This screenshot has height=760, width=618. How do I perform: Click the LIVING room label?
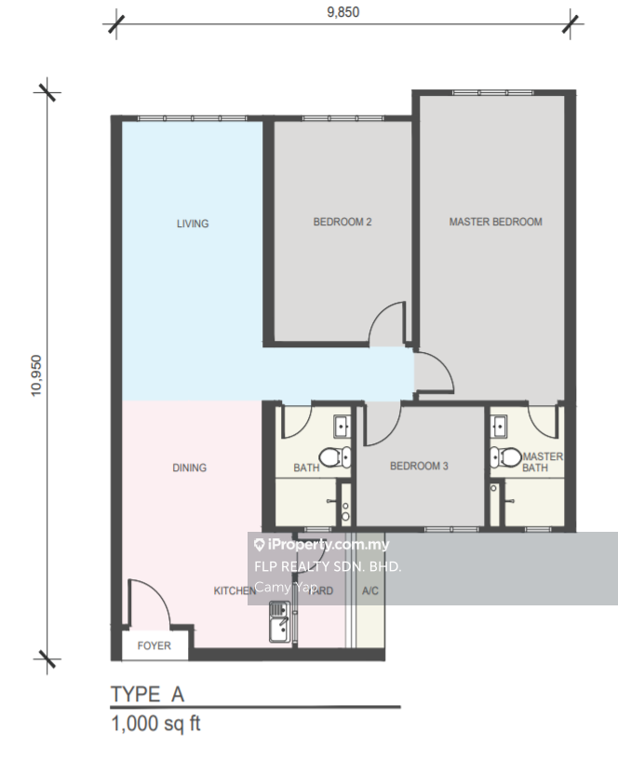(x=193, y=224)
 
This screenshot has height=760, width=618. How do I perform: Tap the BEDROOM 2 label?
(x=343, y=222)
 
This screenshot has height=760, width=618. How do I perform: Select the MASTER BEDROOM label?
(x=495, y=222)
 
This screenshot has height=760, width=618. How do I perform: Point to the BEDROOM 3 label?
(x=419, y=466)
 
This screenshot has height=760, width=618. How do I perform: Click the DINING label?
(x=189, y=468)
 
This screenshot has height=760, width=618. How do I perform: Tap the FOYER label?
(x=154, y=645)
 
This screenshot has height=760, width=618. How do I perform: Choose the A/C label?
(x=369, y=590)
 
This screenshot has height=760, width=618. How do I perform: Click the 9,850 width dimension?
(x=342, y=12)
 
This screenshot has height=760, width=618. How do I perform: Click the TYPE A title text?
(x=148, y=694)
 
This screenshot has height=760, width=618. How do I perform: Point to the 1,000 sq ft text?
(x=155, y=724)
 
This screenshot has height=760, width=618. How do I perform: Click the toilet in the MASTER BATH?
(x=505, y=457)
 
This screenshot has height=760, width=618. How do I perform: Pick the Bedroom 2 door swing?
(x=388, y=326)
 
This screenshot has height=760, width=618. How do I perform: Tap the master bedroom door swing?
(x=434, y=373)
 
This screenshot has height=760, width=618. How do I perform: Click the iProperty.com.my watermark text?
(x=321, y=545)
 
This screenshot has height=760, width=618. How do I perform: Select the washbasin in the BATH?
(x=342, y=427)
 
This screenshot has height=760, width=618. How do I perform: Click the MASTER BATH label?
(x=542, y=462)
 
